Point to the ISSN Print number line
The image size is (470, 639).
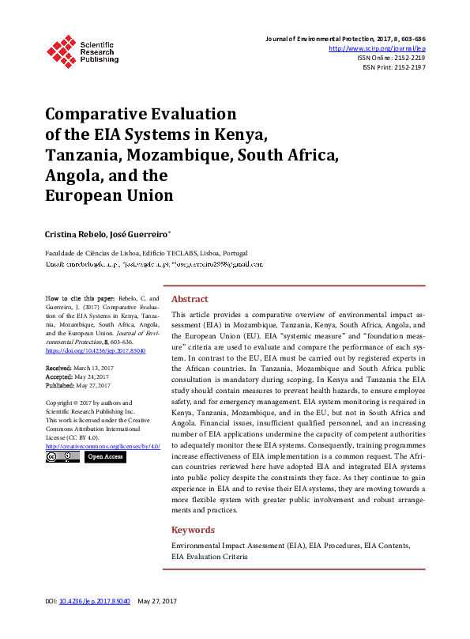click(x=393, y=68)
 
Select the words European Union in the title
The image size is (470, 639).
click(x=108, y=194)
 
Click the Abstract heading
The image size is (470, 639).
click(x=190, y=299)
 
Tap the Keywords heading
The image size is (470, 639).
click(x=193, y=530)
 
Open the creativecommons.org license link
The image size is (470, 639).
click(x=103, y=447)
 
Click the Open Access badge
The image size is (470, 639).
click(x=104, y=457)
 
